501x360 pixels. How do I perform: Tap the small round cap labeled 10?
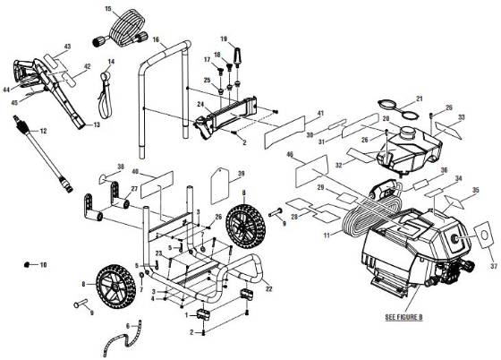pos(28,265)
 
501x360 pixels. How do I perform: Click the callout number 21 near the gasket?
pos(417,99)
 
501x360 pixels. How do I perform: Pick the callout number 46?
pos(290,155)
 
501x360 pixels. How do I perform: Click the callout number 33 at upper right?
pos(462,117)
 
